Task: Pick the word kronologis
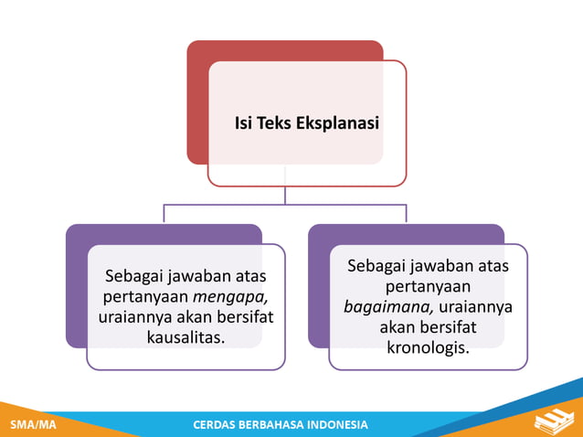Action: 428,348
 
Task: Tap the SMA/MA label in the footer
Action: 31,425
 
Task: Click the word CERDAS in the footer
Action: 218,425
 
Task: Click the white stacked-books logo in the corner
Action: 554,421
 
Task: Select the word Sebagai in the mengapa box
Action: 130,274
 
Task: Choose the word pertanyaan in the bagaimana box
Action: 428,286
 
